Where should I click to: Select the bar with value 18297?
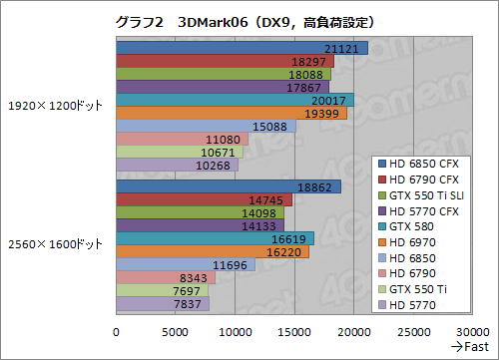(225, 61)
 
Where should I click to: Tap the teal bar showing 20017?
(235, 100)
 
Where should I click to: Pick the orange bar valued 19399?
(232, 113)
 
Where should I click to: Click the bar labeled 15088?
(206, 126)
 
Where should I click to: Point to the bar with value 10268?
(177, 165)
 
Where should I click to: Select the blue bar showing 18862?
(228, 186)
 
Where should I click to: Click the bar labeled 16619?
(215, 238)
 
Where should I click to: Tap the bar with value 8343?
(166, 277)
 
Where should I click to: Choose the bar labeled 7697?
(162, 290)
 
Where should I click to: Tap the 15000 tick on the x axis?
(294, 332)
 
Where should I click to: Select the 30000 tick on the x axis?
(471, 332)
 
